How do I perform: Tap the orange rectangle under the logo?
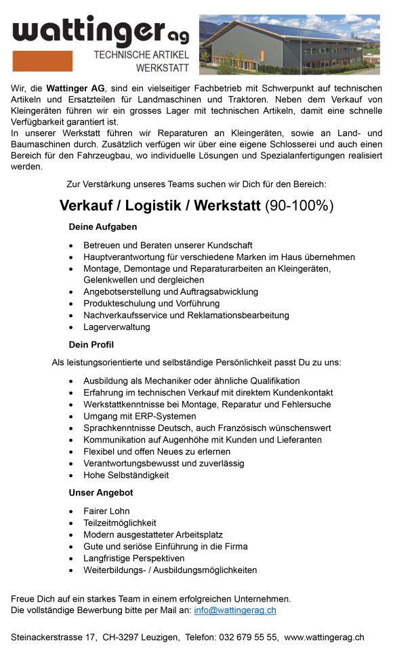42,61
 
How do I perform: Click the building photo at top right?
289,44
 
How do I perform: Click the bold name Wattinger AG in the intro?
75,89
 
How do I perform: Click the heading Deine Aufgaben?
102,227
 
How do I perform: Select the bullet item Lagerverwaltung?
117,327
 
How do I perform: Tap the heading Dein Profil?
91,345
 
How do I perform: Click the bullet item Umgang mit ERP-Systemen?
140,416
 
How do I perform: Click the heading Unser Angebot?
100,493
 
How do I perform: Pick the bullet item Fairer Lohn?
106,511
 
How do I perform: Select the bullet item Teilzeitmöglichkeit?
119,523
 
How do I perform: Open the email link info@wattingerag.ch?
234,610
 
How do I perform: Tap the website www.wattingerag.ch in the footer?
324,638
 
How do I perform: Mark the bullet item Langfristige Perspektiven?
133,558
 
